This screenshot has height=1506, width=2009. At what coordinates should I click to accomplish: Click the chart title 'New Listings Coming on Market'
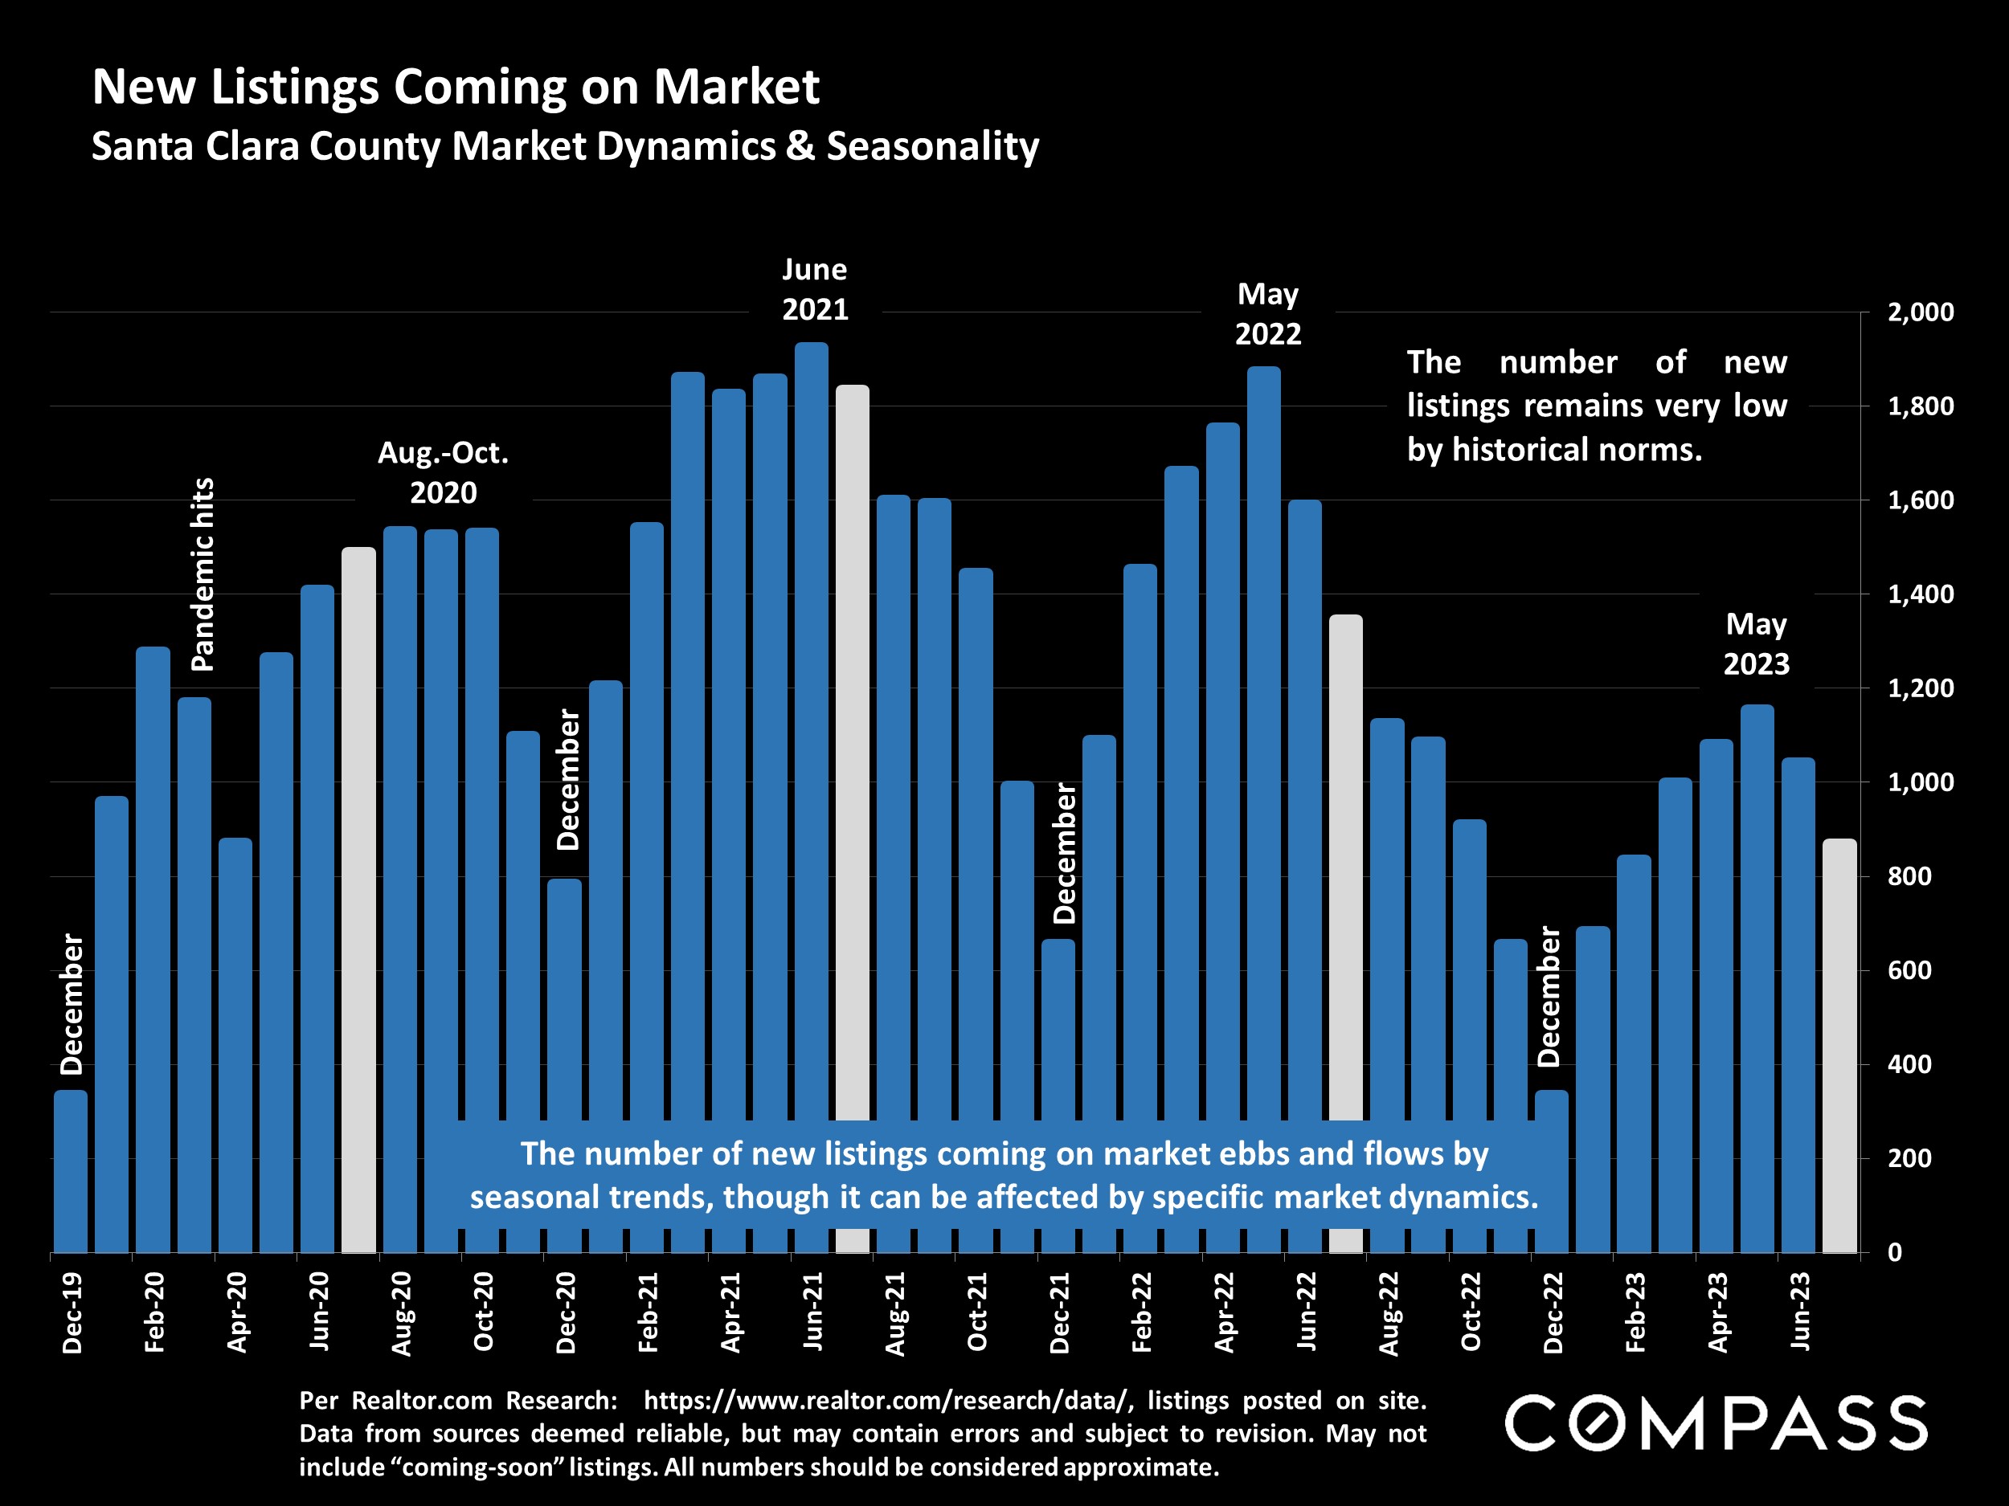point(455,87)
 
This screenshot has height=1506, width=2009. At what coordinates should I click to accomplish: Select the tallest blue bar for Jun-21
point(811,726)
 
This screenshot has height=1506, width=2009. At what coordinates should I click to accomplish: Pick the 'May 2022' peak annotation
point(1268,314)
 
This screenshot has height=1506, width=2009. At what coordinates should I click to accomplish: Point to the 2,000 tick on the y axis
point(1920,312)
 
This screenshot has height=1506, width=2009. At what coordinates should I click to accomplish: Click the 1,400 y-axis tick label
point(1920,594)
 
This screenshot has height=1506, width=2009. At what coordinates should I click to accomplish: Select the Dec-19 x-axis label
point(72,1312)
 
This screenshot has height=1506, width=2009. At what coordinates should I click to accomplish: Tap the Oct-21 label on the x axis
point(977,1312)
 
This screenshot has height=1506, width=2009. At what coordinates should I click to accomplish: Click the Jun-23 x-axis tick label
point(1800,1312)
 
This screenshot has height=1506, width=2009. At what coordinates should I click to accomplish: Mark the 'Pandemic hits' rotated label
point(203,574)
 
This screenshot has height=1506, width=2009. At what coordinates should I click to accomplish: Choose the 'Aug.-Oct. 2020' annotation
point(444,472)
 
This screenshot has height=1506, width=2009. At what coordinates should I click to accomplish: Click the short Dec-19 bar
point(71,1171)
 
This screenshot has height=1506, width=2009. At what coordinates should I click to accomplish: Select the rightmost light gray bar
point(1840,1044)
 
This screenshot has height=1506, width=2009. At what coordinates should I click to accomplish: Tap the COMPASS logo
point(1716,1423)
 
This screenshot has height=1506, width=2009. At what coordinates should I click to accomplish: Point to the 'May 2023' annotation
point(1756,643)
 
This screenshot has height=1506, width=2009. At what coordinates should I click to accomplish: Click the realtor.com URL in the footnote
point(888,1401)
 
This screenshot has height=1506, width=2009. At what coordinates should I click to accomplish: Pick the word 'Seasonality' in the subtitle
point(932,146)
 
